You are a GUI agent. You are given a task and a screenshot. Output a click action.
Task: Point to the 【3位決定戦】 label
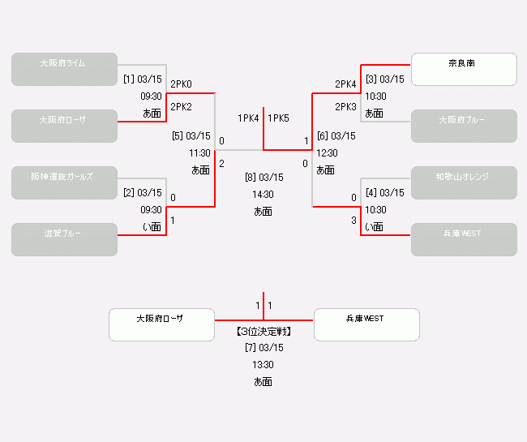263,332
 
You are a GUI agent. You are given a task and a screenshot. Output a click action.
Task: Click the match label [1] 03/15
143,79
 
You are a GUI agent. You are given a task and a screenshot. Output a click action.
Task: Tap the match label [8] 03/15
263,178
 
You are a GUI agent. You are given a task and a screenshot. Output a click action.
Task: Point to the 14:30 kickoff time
263,195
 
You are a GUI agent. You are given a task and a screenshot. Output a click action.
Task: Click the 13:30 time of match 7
263,365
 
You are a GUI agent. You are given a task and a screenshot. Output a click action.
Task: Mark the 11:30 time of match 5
199,152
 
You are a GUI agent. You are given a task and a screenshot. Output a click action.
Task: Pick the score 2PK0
182,84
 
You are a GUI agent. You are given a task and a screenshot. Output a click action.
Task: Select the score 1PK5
278,118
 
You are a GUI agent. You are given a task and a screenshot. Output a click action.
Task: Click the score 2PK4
345,84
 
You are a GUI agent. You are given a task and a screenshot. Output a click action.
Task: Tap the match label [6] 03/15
336,136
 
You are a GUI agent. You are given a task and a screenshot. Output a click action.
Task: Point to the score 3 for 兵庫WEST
353,221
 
